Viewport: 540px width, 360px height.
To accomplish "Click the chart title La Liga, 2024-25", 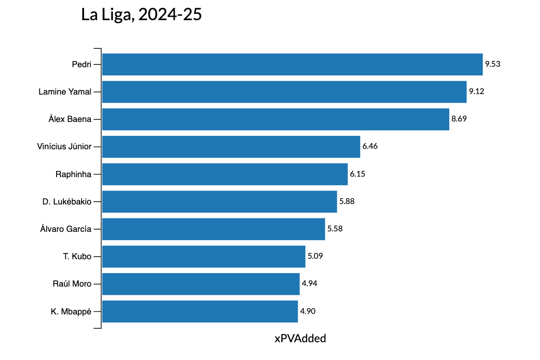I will coord(142,15).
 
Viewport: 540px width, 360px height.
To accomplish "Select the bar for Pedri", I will coord(292,64).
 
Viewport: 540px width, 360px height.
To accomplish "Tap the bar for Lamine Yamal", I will coord(284,92).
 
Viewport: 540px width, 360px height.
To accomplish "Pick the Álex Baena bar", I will coord(276,119).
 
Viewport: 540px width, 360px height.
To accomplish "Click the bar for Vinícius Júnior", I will coord(231,146).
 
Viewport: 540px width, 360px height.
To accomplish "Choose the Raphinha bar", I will coord(225,174).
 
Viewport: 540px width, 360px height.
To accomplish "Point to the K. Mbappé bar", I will coord(200,311).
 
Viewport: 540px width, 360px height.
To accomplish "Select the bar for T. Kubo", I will coord(204,256).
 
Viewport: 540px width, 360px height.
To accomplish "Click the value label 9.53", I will coord(493,64).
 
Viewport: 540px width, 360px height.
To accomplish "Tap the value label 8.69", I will coord(459,119).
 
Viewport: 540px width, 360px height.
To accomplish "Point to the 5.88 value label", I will coord(347,202).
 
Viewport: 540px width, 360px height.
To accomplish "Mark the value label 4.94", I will coord(310,284).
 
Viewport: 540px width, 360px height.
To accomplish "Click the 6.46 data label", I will coord(370,146).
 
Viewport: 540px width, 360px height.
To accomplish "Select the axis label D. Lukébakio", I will coord(67,202).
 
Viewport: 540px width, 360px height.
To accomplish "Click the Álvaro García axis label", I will coord(66,229).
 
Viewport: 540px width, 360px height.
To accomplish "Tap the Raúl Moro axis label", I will coord(72,284).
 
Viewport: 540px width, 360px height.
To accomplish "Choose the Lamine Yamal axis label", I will coord(65,92).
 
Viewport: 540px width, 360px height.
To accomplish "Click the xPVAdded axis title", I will coord(300,338).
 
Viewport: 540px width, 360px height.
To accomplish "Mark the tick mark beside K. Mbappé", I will coord(97,311).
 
